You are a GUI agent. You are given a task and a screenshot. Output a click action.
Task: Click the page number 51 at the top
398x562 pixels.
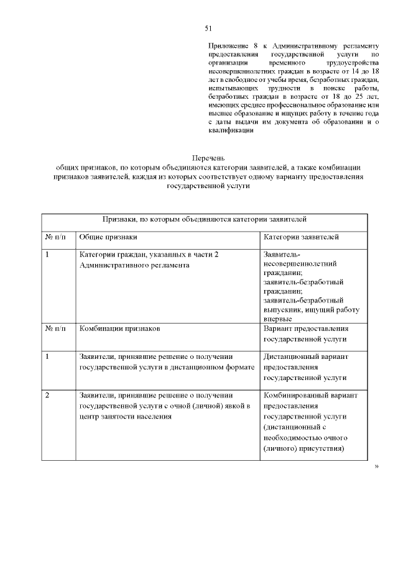tap(208, 28)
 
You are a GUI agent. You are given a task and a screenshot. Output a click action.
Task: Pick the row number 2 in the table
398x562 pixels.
tap(48, 395)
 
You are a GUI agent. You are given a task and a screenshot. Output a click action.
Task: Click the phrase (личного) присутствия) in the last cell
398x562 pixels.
tap(303, 448)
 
